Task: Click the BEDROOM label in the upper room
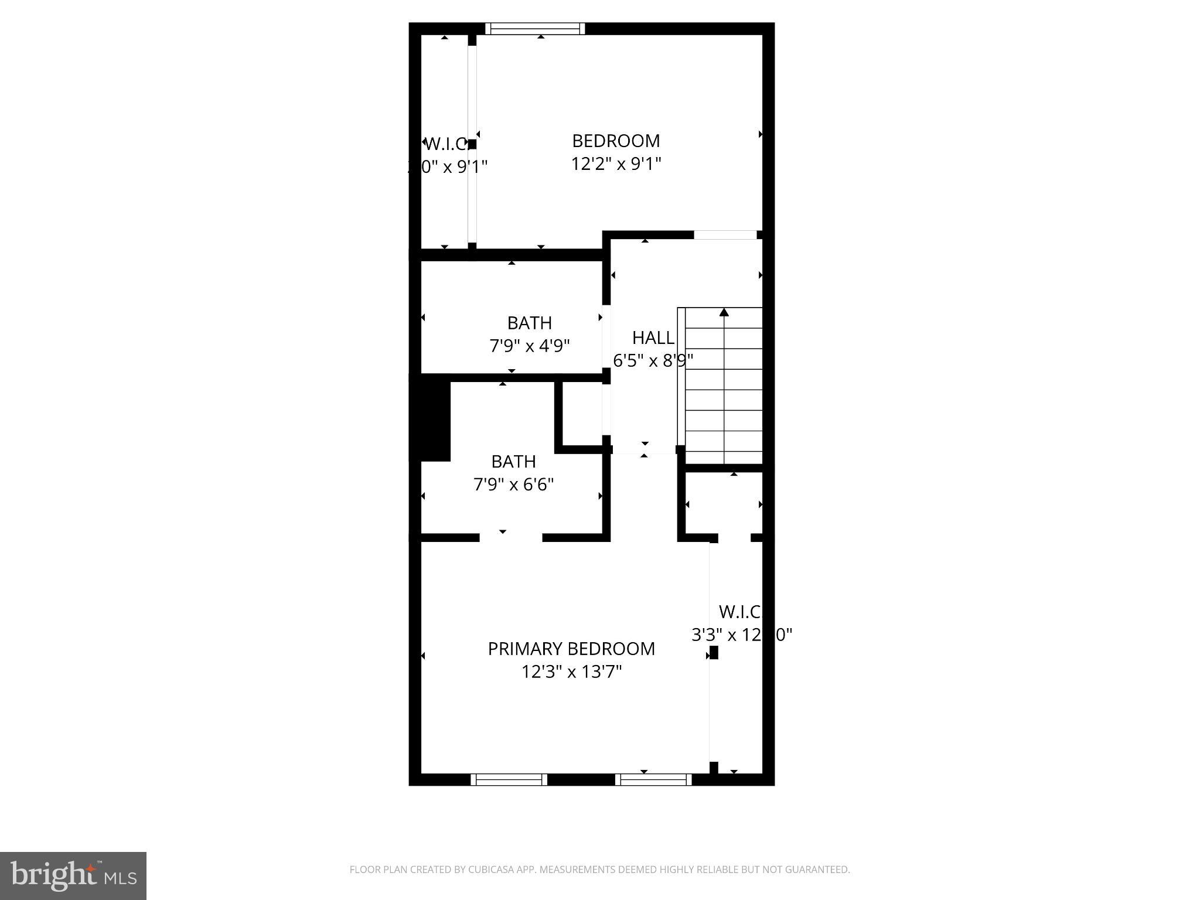[x=616, y=141]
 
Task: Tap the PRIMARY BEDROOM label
[x=571, y=649]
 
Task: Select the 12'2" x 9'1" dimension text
[x=616, y=164]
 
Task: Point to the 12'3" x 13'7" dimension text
[x=571, y=671]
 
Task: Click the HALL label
[x=653, y=338]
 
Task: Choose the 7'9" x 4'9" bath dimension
[x=530, y=346]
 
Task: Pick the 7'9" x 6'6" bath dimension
[x=513, y=485]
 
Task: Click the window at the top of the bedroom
[x=535, y=29]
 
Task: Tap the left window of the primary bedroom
[x=509, y=779]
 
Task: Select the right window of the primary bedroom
[x=653, y=779]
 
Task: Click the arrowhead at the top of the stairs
[x=724, y=312]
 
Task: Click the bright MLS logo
[x=73, y=876]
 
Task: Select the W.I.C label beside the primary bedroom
[x=739, y=612]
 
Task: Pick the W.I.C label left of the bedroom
[x=445, y=144]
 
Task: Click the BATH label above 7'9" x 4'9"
[x=530, y=323]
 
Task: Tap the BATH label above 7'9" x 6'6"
[x=513, y=462]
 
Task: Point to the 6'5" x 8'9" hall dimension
[x=653, y=361]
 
